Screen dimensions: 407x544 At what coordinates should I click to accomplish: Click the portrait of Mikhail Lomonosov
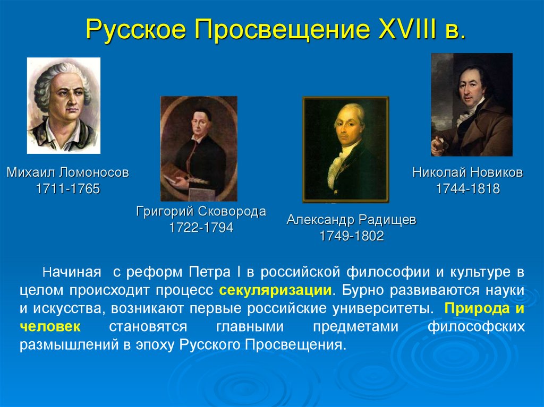pos(63,105)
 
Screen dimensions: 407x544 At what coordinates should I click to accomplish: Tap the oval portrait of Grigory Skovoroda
pos(199,148)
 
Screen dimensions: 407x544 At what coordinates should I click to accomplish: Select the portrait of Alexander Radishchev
pos(345,149)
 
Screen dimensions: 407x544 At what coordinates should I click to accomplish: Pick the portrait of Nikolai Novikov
pos(472,105)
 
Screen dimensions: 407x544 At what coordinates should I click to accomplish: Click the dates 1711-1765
pos(67,188)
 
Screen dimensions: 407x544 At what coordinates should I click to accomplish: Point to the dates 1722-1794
pos(201,228)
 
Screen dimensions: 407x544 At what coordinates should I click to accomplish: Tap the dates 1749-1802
pos(351,236)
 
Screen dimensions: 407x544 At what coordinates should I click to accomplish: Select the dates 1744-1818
pos(467,188)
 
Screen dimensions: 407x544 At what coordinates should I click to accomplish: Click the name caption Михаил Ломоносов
pos(67,172)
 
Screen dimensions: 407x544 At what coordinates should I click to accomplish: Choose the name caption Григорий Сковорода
pos(201,212)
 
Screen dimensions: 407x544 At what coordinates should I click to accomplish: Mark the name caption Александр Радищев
pos(351,220)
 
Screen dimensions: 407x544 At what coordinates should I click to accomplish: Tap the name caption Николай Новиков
pos(467,172)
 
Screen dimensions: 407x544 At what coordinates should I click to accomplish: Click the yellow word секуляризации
pos(276,291)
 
